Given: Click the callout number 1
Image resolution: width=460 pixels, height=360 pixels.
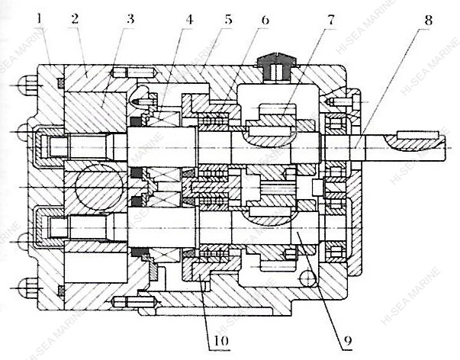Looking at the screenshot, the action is tap(40, 21).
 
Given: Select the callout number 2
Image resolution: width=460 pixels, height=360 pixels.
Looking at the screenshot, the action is tap(75, 19).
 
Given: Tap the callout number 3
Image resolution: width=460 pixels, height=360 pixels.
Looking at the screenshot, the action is tap(130, 19).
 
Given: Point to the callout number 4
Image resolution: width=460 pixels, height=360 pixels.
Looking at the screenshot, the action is tap(189, 19).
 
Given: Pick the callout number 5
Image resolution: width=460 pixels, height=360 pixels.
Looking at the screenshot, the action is tap(228, 19).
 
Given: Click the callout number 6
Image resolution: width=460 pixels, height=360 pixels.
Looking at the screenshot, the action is tap(265, 19).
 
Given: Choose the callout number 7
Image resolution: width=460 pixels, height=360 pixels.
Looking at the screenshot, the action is tap(331, 19).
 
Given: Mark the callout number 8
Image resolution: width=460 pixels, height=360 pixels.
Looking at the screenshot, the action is tap(428, 20).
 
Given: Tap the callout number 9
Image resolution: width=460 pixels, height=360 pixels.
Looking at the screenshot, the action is tap(347, 340).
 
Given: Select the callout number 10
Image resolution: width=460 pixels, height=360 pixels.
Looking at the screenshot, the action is tap(221, 340).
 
